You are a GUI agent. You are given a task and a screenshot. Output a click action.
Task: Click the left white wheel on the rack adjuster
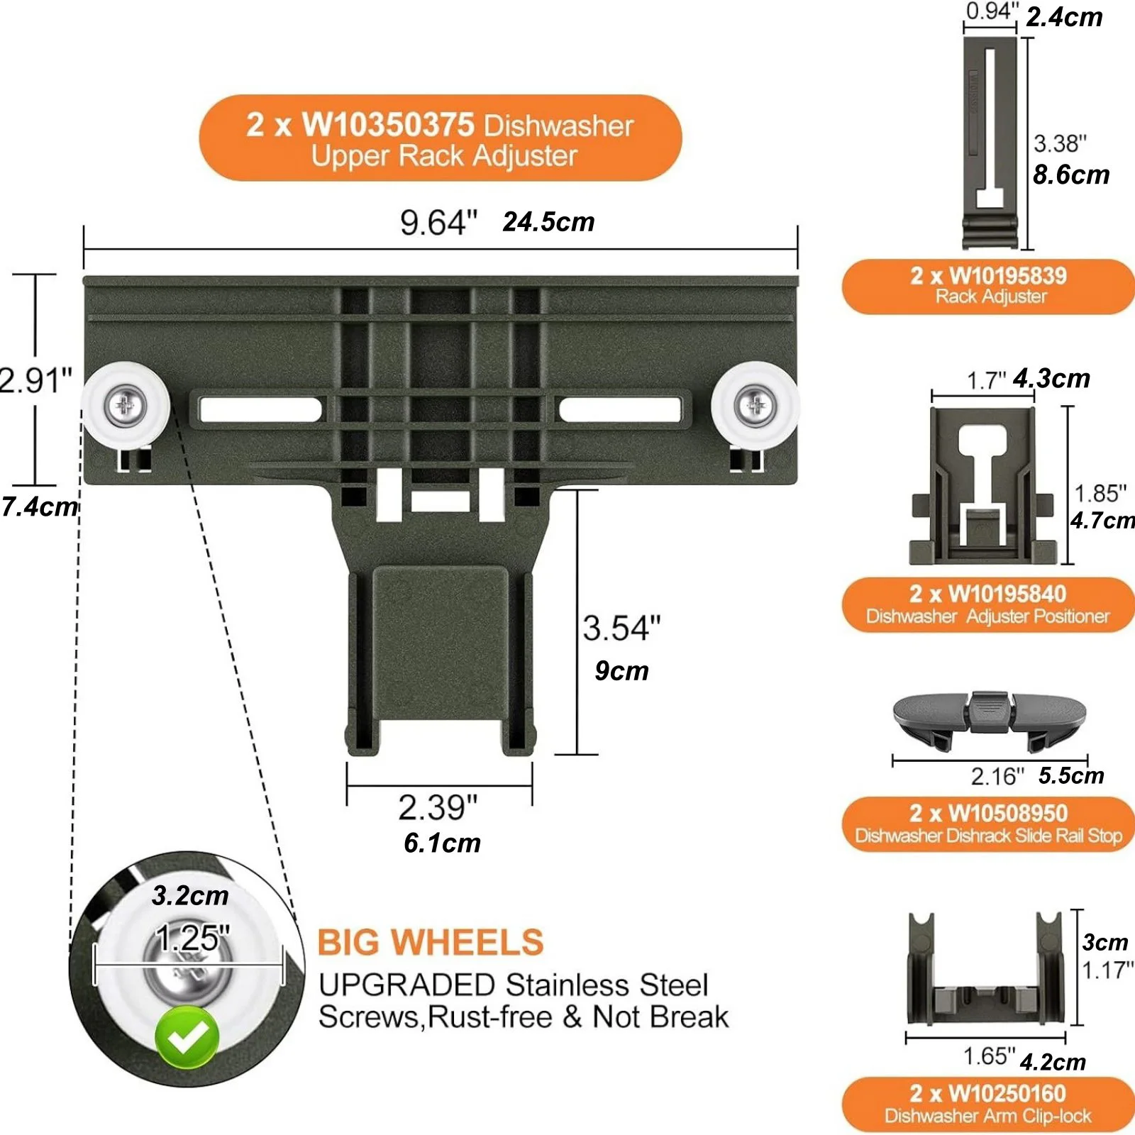(x=126, y=405)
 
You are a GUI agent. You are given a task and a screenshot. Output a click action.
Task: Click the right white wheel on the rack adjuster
(x=755, y=405)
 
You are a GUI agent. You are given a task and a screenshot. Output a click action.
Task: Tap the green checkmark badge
(x=187, y=1037)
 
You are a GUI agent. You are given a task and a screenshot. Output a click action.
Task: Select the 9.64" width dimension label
(x=438, y=222)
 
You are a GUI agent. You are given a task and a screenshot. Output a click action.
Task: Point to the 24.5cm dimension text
(x=548, y=222)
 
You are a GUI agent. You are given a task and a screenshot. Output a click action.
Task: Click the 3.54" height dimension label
(x=621, y=629)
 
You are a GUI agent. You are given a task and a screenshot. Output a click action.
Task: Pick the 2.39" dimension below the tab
(x=438, y=807)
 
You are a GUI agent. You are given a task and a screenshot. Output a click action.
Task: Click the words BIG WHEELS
(x=430, y=943)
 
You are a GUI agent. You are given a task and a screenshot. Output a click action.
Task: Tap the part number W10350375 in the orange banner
(x=388, y=125)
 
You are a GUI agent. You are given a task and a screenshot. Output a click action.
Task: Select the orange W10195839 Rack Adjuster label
(x=988, y=286)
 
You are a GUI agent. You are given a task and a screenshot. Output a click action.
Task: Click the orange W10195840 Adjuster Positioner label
(x=988, y=604)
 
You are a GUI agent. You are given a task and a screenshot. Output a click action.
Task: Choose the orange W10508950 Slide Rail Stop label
(x=988, y=824)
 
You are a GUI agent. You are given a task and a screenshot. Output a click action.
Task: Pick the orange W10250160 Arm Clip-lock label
(x=988, y=1104)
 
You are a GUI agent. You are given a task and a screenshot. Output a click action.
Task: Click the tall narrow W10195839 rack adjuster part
(x=990, y=143)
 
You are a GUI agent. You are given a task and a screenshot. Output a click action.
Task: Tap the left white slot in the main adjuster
(x=260, y=409)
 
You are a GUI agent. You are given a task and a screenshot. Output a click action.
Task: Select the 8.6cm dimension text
(x=1071, y=175)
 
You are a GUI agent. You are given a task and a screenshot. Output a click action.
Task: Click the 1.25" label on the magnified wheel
(x=192, y=938)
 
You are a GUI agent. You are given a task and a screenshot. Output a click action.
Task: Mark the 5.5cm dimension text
(x=1071, y=775)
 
